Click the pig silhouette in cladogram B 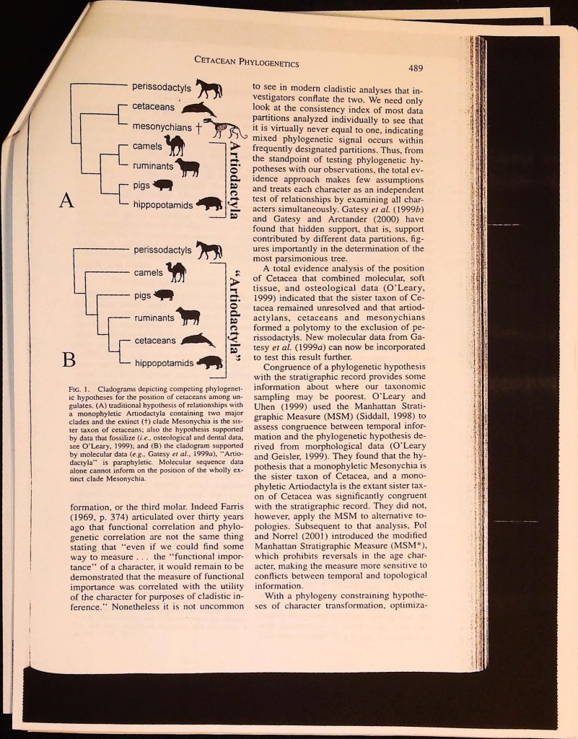click(164, 294)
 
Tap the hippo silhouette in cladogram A click(209, 204)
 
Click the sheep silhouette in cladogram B click(188, 316)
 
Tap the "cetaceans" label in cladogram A click(153, 107)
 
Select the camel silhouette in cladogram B click(176, 272)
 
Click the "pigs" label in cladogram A click(141, 185)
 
